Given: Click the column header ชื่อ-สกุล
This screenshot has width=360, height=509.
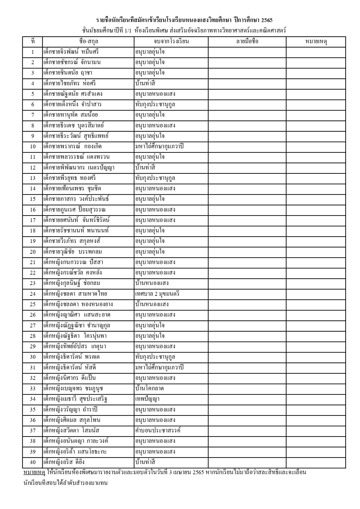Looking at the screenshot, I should [88, 41].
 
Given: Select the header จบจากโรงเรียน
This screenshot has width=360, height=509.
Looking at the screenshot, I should [171, 41].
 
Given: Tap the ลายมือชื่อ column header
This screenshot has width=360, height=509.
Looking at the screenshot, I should [247, 41].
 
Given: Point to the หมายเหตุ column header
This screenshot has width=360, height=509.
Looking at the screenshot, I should [316, 41].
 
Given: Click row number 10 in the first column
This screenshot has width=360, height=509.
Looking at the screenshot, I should [33, 147].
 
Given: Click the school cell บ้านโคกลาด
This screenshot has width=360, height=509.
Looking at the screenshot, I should [150, 389].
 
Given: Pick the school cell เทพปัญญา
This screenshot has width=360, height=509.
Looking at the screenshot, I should [147, 399].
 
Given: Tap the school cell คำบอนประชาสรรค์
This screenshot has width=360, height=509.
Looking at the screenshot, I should [158, 430].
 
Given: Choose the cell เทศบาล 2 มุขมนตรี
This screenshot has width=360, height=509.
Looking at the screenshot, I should [157, 294].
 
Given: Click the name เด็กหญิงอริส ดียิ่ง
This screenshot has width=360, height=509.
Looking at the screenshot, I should [64, 462].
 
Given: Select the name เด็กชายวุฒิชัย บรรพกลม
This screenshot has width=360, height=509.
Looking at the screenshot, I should [73, 252].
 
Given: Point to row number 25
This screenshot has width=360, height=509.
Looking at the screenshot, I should [33, 304].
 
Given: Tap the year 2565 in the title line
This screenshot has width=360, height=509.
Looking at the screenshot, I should [267, 20].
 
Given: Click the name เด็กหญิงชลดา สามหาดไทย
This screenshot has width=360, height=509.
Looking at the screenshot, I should [75, 294].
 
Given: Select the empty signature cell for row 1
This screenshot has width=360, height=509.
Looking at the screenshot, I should [247, 52].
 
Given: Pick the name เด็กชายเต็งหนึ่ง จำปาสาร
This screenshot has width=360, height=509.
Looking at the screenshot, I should [72, 104].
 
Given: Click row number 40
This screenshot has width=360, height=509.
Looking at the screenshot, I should [33, 462].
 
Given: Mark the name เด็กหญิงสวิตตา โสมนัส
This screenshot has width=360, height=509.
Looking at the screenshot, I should [71, 430].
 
